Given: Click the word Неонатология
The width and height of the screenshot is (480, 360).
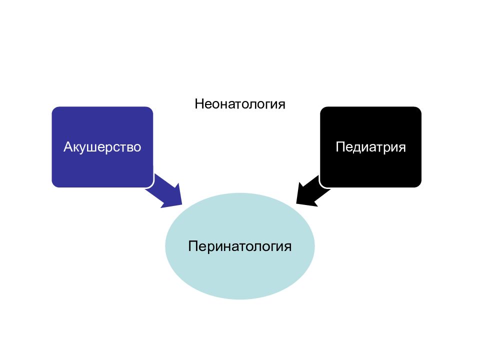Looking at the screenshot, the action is click(x=240, y=104).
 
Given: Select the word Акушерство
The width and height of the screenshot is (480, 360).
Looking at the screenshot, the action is click(x=102, y=147).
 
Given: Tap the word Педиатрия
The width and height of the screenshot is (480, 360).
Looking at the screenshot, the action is click(x=370, y=147).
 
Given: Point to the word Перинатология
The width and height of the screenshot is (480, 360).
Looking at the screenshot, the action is click(x=239, y=246).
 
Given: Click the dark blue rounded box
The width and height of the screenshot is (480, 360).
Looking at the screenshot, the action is click(x=102, y=147).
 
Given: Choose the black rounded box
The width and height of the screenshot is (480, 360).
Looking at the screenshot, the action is click(x=370, y=147).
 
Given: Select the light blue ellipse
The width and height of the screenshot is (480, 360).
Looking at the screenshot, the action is click(x=240, y=246).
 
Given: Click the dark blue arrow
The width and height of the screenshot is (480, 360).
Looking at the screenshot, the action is click(x=164, y=191).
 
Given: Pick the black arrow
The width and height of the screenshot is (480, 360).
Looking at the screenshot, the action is click(x=313, y=191).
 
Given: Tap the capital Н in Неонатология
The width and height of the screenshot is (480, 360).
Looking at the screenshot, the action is click(x=199, y=104).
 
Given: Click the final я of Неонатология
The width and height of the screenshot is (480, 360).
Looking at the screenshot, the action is click(x=281, y=105).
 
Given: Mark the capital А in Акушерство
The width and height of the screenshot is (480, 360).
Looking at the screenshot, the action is click(x=68, y=147).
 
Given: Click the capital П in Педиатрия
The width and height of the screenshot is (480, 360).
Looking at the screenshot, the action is click(x=340, y=147).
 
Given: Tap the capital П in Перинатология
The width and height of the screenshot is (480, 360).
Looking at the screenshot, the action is click(x=192, y=246).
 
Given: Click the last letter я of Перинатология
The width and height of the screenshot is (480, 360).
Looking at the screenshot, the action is click(x=287, y=247).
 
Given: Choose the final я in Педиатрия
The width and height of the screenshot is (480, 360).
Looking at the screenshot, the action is click(x=402, y=148).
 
